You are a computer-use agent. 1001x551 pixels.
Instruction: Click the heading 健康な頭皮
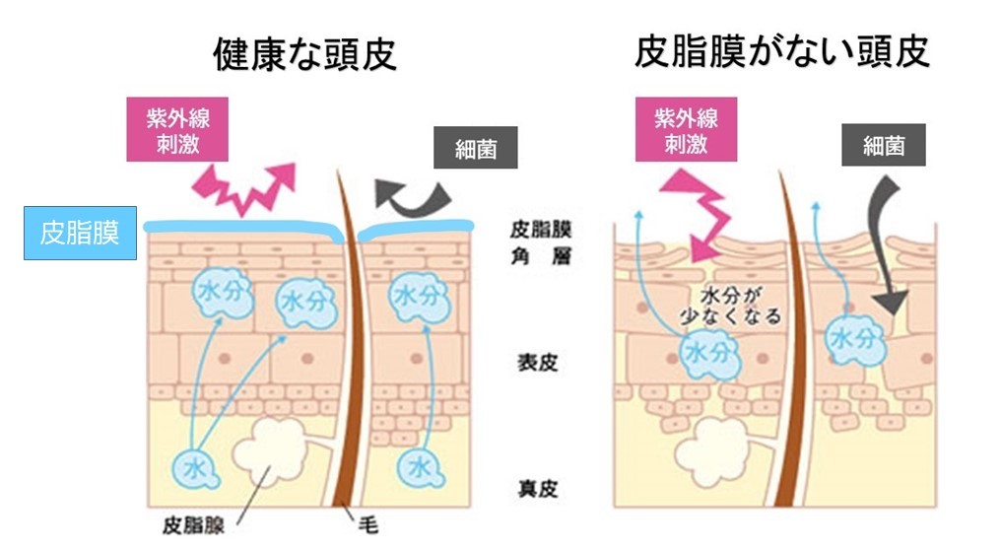pos(304,54)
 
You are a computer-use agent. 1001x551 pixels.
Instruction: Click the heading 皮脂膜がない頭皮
pos(782,51)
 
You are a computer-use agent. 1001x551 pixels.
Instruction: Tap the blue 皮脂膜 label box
pos(80,233)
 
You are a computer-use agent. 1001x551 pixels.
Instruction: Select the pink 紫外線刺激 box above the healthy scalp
pos(177,129)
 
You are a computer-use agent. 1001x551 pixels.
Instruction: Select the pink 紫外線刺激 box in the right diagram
pos(687,129)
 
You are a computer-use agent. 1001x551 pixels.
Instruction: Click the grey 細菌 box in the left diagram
pos(476,148)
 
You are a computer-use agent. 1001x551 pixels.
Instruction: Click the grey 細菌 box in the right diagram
pos(884,146)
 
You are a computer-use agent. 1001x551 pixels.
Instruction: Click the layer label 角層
pos(541,256)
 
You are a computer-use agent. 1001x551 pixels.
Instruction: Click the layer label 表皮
pos(538,363)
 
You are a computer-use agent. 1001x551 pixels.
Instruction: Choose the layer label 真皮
pos(538,489)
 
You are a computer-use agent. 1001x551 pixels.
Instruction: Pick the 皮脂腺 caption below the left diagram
pos(193,525)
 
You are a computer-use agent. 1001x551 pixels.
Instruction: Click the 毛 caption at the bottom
pos(368,525)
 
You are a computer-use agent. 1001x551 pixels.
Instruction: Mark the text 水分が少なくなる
pos(731,306)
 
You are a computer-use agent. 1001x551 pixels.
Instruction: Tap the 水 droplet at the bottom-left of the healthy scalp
pos(195,470)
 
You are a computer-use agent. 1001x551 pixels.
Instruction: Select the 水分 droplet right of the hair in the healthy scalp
pos(418,297)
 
